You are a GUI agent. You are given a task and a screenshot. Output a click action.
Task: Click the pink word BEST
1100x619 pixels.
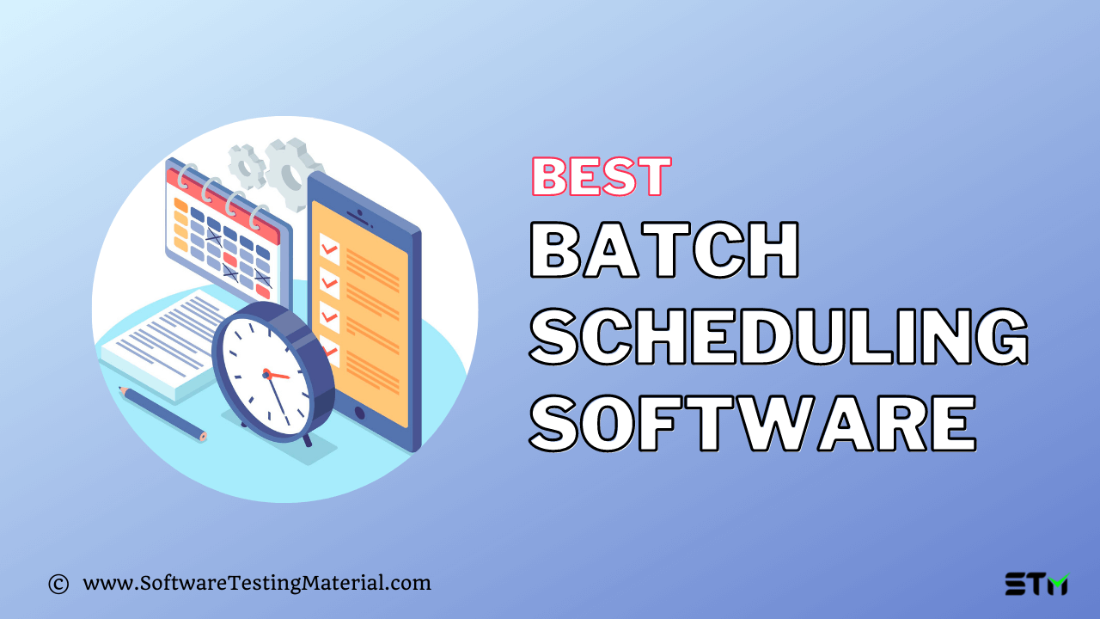(x=601, y=177)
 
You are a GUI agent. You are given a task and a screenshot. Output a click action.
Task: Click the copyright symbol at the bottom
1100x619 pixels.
(x=58, y=585)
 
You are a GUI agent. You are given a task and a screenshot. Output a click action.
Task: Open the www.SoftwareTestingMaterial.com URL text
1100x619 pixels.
(x=256, y=583)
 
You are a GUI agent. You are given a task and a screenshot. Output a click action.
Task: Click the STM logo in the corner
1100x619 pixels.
(x=1036, y=584)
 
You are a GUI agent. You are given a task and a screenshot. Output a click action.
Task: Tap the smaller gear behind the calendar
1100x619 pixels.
(x=247, y=166)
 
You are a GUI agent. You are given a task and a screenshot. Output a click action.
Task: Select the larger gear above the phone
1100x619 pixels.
(x=291, y=172)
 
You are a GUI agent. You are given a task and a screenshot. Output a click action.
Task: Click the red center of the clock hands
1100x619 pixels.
(x=266, y=374)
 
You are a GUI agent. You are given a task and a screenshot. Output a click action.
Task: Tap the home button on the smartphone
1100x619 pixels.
(x=359, y=412)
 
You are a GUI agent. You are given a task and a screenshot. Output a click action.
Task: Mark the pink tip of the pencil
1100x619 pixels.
(x=203, y=437)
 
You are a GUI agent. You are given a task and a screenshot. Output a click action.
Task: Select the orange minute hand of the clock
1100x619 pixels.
(x=279, y=376)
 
